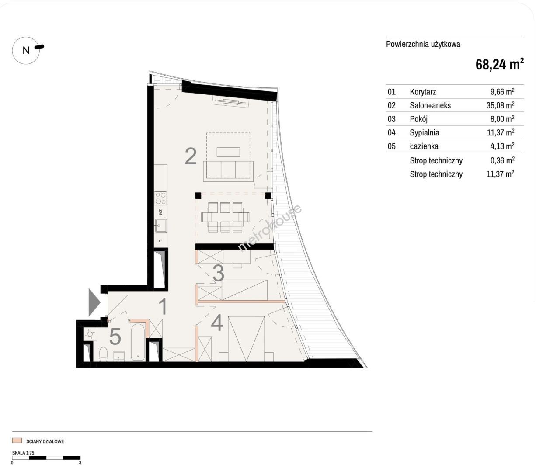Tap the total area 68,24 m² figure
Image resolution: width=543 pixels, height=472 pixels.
coord(499,65)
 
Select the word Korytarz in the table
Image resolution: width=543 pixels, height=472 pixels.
coord(423,92)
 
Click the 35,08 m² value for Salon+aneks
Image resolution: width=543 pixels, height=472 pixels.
coord(500,105)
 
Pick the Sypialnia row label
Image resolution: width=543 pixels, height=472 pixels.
coord(425,132)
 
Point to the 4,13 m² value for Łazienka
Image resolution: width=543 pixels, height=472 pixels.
coord(502,146)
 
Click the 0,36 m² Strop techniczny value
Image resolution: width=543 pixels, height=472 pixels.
coord(502,160)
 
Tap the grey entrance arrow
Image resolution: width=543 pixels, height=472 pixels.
coord(94,302)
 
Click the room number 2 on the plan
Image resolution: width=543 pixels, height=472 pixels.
coord(191,156)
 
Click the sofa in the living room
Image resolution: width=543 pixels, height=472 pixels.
coord(228,171)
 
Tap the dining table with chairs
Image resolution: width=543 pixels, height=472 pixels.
coord(225,217)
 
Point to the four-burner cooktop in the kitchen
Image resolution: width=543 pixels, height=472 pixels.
coord(161,198)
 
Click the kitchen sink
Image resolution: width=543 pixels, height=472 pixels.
coord(161,226)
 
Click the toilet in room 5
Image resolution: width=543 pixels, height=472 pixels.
coord(103,354)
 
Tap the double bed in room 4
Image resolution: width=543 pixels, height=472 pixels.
coord(246,339)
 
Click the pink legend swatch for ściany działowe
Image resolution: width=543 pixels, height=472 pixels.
coord(17,441)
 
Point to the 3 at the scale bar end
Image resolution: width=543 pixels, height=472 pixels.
coord(80,463)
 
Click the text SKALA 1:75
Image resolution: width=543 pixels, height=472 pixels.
coord(23,453)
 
